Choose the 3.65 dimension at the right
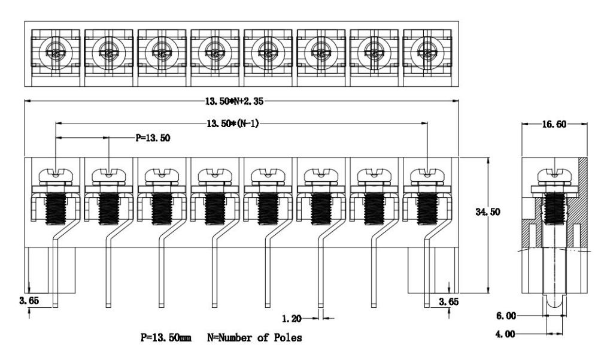450,301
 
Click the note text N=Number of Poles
254,338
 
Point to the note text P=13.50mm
166,338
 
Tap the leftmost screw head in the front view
55,174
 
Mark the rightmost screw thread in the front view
426,207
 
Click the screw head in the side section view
556,174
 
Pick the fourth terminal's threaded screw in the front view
214,207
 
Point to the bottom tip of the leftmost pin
55,306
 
